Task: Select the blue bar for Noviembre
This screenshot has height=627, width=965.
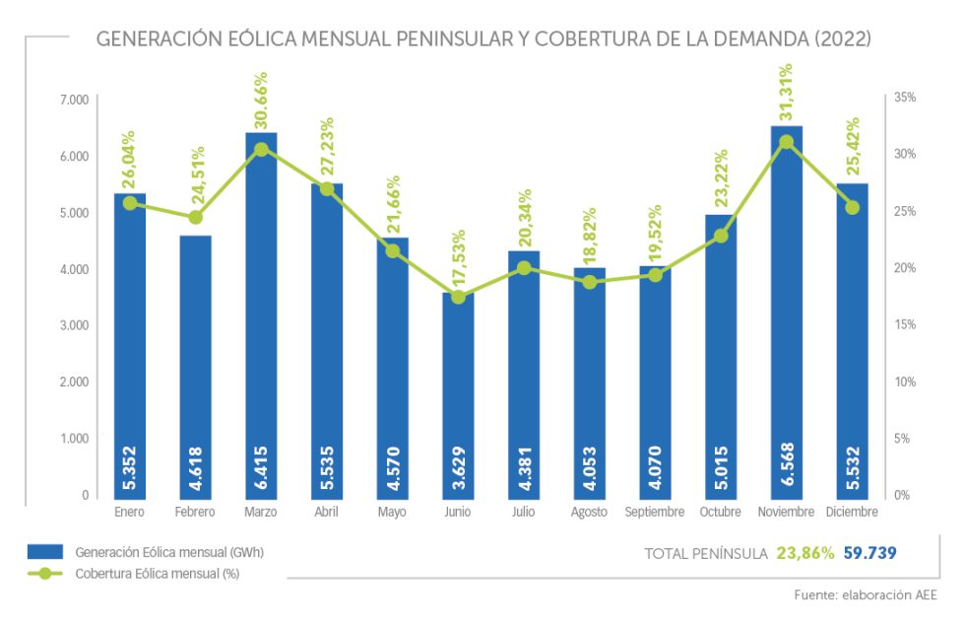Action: [x=786, y=296]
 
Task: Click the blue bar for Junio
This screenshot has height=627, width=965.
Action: [x=458, y=394]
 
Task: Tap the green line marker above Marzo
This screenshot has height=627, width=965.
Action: [x=261, y=150]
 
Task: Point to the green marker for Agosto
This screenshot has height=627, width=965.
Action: [x=590, y=282]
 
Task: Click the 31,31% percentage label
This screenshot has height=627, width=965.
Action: [x=786, y=92]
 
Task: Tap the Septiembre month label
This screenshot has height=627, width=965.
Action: [x=655, y=513]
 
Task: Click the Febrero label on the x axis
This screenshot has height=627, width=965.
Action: [x=195, y=513]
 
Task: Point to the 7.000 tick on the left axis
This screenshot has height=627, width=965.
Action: [x=74, y=100]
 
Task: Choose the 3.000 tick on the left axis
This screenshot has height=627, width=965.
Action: [x=74, y=325]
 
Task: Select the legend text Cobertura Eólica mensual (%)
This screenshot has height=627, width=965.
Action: [x=157, y=573]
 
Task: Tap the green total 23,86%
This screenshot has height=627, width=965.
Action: [x=804, y=553]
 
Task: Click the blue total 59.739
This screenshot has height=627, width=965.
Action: [x=870, y=553]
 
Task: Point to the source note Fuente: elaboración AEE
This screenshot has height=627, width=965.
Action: [x=866, y=595]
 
